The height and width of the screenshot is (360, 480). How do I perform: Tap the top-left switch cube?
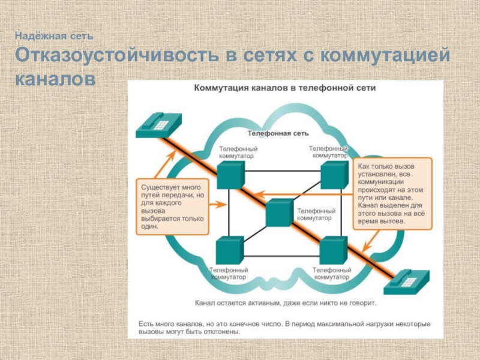point(230,175)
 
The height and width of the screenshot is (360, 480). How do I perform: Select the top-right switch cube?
point(334,174)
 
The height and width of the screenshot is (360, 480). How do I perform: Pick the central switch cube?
point(278,212)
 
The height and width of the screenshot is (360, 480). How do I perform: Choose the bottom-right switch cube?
point(334,250)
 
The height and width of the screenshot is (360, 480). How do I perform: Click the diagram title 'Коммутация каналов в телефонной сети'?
point(284,88)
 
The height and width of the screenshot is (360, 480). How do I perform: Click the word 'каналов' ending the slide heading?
point(55,78)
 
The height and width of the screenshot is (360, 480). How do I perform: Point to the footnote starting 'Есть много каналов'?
point(284,328)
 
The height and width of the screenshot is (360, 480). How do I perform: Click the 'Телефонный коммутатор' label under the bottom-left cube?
point(228,274)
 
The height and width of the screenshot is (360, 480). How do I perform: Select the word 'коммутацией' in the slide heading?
point(385,56)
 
